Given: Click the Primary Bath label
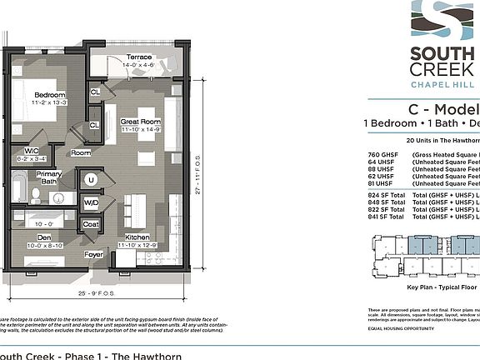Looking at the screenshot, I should click(x=48, y=177).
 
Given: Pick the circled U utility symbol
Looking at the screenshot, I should click(x=89, y=180).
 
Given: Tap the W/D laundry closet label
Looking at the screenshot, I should click(x=90, y=202).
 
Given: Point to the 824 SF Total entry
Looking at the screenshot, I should click(x=386, y=194).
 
